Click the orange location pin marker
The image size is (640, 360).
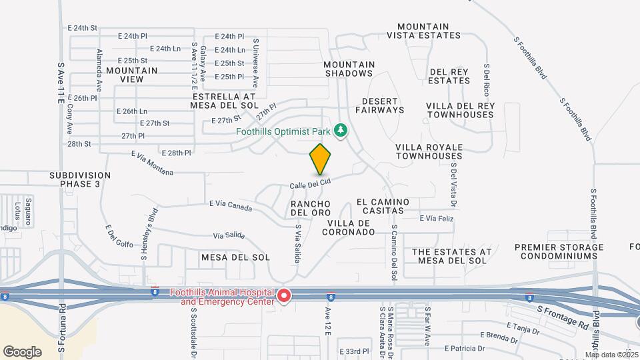(x=320, y=159)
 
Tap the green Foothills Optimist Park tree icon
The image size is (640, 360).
(x=341, y=130)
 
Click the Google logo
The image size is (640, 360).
(x=22, y=351)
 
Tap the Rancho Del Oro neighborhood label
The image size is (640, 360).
(x=311, y=207)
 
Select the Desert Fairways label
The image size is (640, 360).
(x=383, y=105)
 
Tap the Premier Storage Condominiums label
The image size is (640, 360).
(x=559, y=251)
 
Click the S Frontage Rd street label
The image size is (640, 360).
(x=563, y=317)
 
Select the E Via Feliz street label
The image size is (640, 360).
(x=436, y=218)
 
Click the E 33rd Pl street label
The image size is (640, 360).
(x=353, y=351)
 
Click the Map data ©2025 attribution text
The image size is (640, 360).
(x=611, y=355)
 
